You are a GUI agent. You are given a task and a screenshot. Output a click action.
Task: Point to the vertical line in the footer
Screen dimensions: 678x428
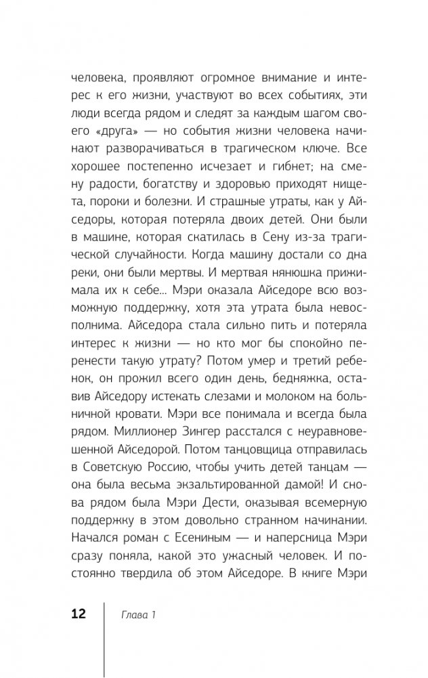coord(104,637)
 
